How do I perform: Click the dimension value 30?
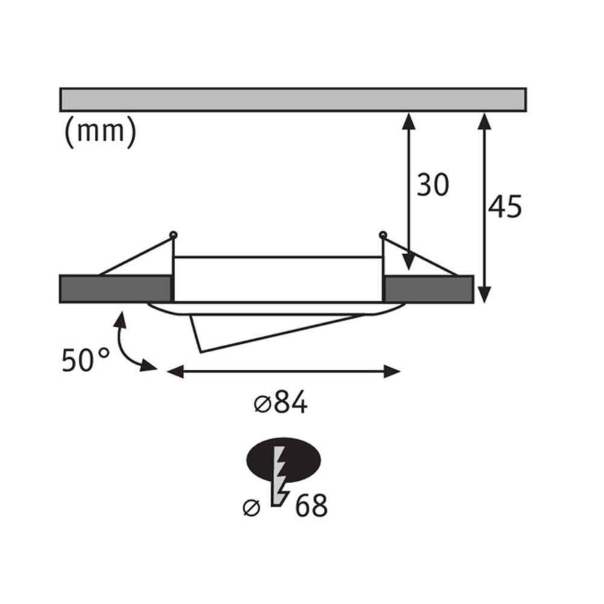(x=433, y=185)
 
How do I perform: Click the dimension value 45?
(x=504, y=207)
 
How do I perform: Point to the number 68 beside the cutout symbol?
(x=311, y=506)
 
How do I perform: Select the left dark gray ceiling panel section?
(x=115, y=289)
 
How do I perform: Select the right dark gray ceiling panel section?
(x=429, y=289)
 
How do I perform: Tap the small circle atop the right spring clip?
(x=382, y=234)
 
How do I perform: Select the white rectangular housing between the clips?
(x=278, y=278)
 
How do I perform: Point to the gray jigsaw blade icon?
(x=279, y=477)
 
